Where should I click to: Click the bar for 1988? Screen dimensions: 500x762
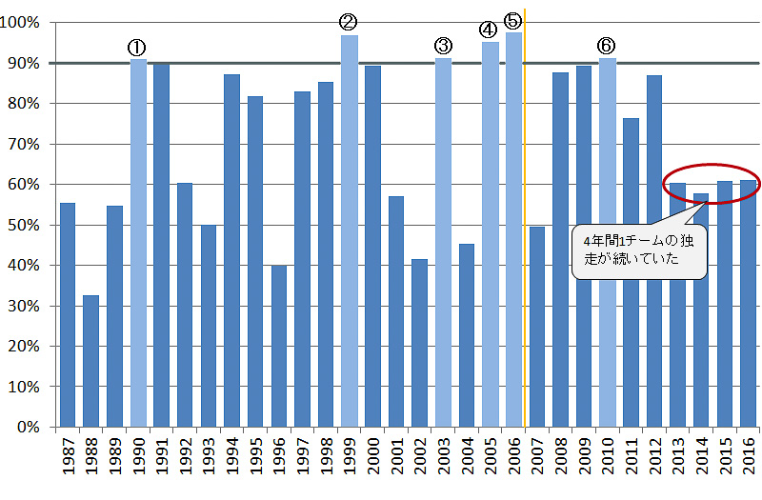click(90, 361)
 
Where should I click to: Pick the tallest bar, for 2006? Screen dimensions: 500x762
click(513, 230)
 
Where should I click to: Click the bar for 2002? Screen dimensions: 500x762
click(420, 343)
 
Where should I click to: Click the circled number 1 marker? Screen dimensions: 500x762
click(137, 47)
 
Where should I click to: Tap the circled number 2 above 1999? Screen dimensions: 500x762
click(349, 21)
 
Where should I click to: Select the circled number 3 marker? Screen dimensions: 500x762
click(443, 45)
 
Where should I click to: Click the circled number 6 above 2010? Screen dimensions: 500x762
click(607, 45)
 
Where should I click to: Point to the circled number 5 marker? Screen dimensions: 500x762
click(512, 20)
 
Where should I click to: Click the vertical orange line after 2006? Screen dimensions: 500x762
click(525, 190)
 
